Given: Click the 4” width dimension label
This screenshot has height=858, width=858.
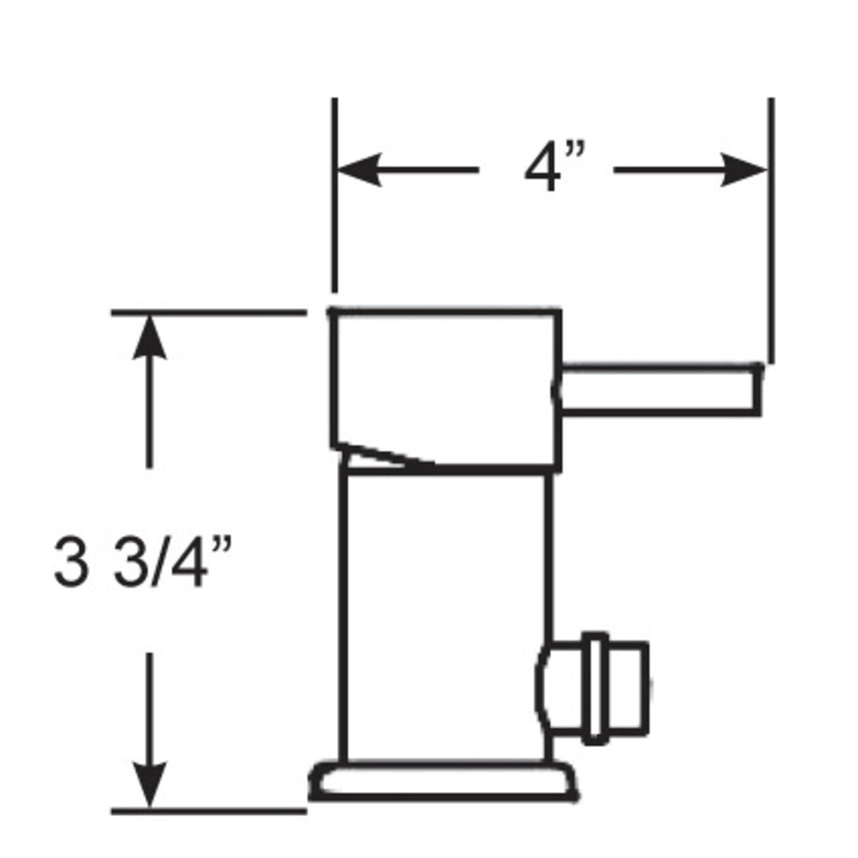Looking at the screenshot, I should point(553,169).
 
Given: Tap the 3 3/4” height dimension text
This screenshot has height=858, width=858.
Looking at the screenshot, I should point(142,562).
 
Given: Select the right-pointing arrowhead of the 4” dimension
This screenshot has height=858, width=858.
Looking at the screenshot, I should point(745,170).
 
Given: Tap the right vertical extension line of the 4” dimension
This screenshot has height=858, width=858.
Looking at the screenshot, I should point(770,232).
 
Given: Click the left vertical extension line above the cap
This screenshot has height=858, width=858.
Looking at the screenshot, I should point(335,197).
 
